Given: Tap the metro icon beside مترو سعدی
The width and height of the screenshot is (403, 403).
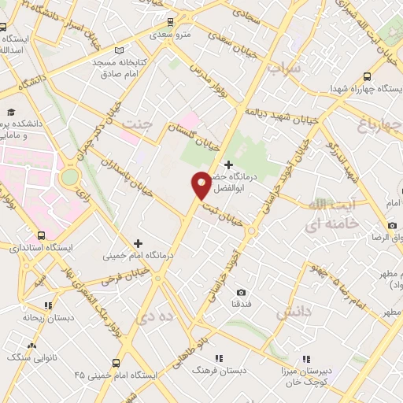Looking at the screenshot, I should point(169,22).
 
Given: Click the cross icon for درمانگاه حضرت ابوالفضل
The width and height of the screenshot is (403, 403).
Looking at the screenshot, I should point(228,165).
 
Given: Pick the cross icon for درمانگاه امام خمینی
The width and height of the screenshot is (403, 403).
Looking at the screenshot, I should point(139,243).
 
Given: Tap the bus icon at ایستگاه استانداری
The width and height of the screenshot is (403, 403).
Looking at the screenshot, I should point(41,235).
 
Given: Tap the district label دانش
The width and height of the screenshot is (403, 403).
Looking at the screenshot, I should point(294,313).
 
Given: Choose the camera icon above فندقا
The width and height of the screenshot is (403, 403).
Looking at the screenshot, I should point(240,292).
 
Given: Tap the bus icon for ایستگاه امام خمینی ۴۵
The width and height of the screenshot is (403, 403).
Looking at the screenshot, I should point(116,363).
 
